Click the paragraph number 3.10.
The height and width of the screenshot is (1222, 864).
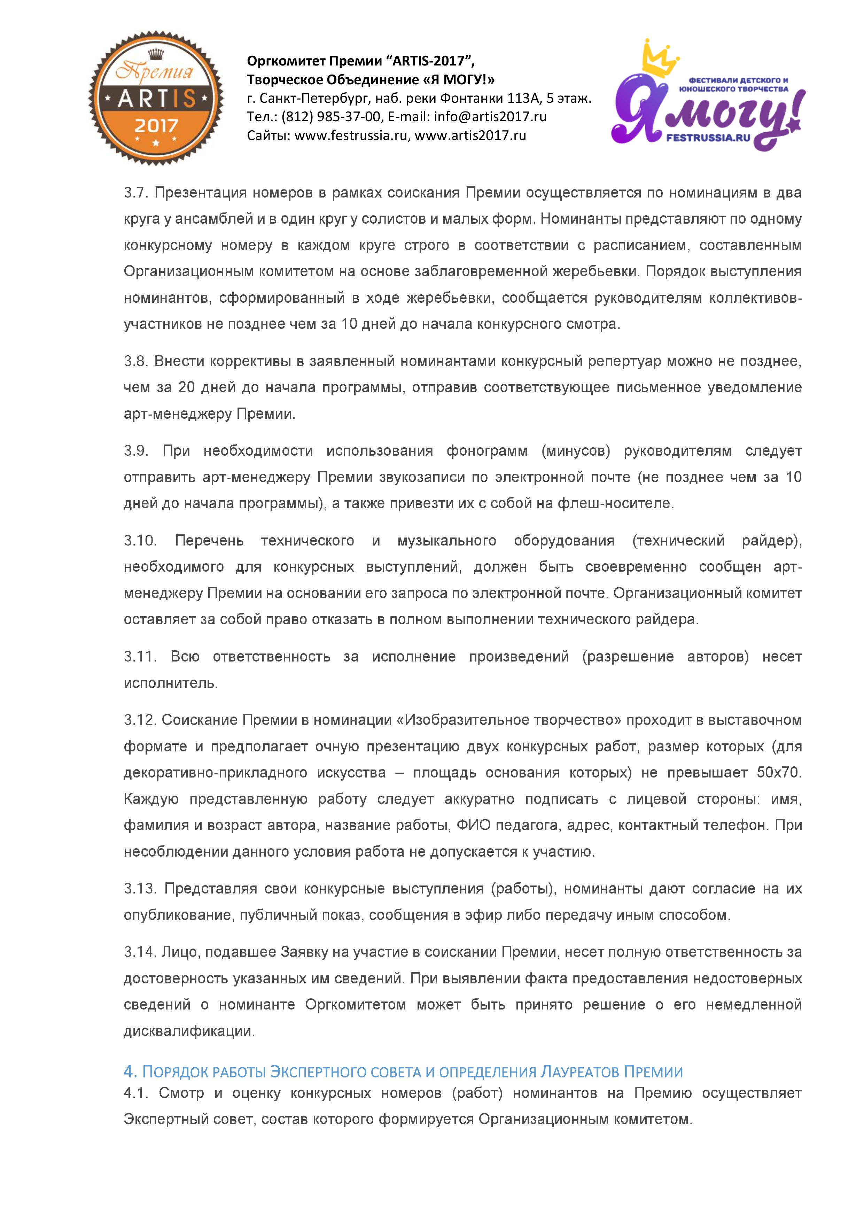tap(140, 541)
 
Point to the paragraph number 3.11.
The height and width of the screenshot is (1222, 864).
tap(140, 657)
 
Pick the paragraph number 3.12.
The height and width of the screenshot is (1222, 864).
tap(140, 720)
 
